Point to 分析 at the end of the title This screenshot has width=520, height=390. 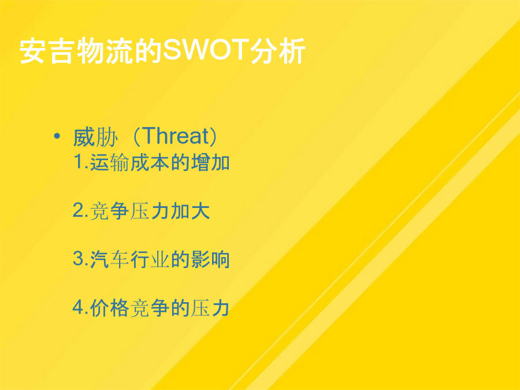click(x=277, y=51)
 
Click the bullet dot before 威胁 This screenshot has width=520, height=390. click(x=57, y=136)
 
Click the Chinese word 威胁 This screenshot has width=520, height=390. click(x=95, y=136)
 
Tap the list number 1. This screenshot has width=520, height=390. click(x=79, y=162)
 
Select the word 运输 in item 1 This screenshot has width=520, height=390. click(x=109, y=162)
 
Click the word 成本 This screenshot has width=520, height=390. click(x=150, y=162)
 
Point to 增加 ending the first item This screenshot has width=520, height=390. click(x=210, y=162)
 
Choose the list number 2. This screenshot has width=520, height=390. click(x=79, y=210)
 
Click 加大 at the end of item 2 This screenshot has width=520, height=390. click(x=190, y=211)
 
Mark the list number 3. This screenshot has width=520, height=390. click(x=79, y=259)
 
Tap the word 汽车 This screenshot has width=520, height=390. click(x=109, y=259)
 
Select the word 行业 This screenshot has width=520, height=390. click(x=150, y=259)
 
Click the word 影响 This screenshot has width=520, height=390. click(x=210, y=259)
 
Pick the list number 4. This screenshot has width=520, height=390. click(x=79, y=307)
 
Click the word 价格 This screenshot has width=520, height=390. click(x=109, y=308)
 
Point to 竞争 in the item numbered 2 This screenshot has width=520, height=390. click(x=109, y=211)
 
